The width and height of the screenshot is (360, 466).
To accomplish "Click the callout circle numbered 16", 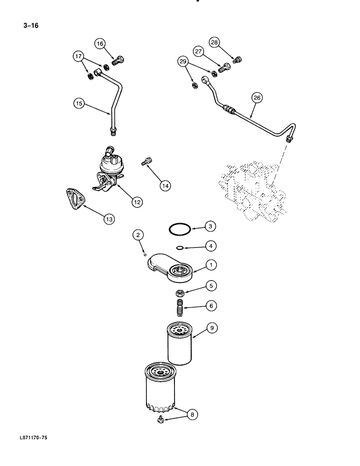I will click(x=100, y=44).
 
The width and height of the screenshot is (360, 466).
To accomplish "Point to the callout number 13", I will click(x=108, y=218).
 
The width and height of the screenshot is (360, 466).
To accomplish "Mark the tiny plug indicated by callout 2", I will click(x=145, y=254).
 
